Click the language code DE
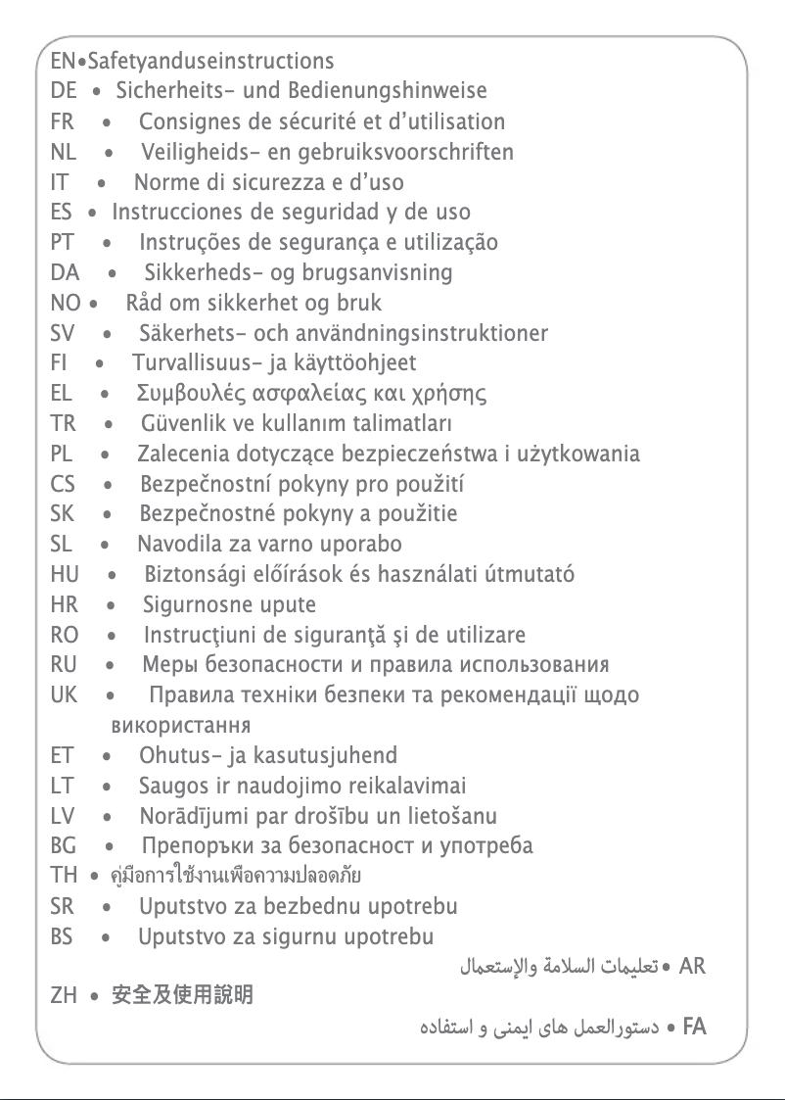63,92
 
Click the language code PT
63,243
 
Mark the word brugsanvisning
384,272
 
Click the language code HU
65,575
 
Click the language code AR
692,968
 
